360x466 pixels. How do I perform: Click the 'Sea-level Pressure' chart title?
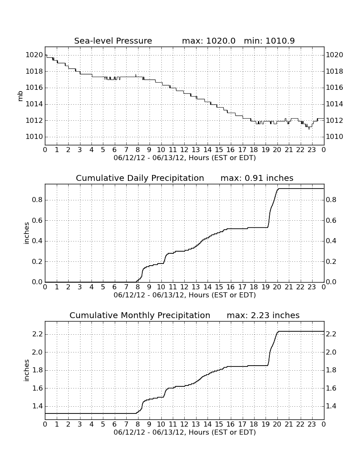click(x=113, y=41)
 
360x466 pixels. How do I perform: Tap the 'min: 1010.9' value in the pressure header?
click(x=269, y=41)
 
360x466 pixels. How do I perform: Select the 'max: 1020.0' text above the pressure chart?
click(x=208, y=41)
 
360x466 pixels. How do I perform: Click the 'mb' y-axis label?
click(x=20, y=96)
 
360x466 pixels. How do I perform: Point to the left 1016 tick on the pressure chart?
click(x=34, y=88)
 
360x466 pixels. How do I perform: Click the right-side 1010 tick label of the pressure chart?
click(x=335, y=137)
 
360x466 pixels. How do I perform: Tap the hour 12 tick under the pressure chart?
click(x=184, y=150)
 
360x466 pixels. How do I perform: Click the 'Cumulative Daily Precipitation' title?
click(x=140, y=178)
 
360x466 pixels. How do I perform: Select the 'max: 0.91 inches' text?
click(x=257, y=178)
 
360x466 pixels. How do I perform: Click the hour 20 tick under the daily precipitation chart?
click(x=277, y=287)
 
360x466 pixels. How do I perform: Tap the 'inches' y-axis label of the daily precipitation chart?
click(x=27, y=233)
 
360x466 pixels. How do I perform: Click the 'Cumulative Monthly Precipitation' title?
click(x=140, y=315)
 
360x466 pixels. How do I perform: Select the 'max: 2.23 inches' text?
click(x=263, y=315)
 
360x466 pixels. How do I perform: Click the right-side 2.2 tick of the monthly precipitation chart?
click(x=331, y=334)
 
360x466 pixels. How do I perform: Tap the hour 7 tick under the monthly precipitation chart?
click(x=126, y=424)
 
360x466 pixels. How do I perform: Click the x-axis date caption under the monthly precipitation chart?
click(x=185, y=432)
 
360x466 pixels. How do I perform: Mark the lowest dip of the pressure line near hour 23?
click(x=309, y=129)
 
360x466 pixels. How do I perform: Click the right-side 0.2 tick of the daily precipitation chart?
click(x=331, y=261)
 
